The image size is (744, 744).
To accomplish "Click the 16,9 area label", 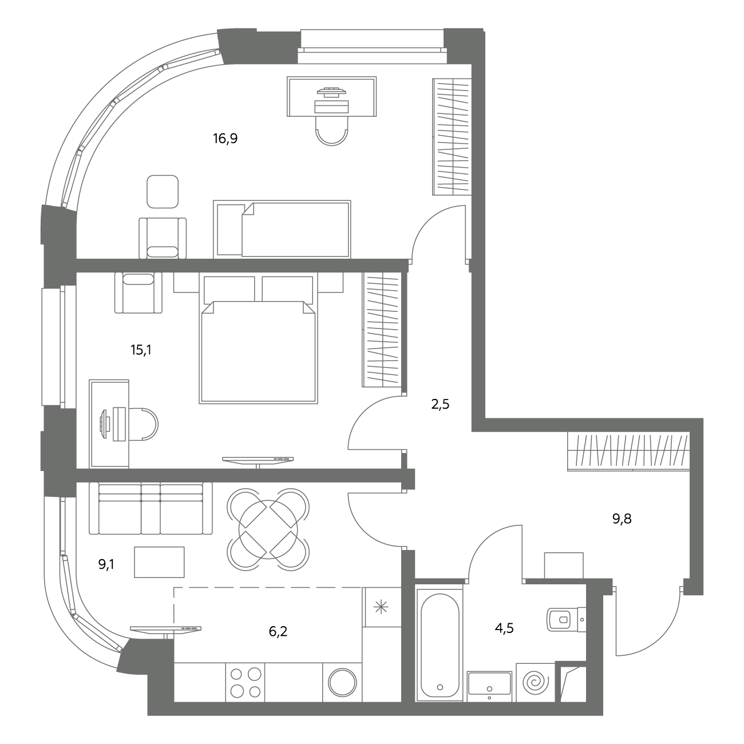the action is pos(225,138).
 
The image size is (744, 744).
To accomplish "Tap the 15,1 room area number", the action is pos(141,350).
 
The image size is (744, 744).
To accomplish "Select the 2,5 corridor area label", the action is pos(440,405).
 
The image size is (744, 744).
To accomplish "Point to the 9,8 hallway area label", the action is pos(622,519).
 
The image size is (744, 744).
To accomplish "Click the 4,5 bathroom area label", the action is pos(504,628).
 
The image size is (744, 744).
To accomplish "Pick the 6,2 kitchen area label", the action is pos(278,632).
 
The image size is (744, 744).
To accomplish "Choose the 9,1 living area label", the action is pos(106,565).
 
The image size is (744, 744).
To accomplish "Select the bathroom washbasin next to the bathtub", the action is pos(489,686).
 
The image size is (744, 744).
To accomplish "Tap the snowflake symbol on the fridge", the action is pos(381,607).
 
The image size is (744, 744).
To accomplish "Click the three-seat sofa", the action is pos(151,508).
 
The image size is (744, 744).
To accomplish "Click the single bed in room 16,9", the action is pos(282,229).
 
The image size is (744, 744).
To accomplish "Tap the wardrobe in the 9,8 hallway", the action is pos(628,452).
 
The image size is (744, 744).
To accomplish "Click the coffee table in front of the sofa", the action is pos(159,562).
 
